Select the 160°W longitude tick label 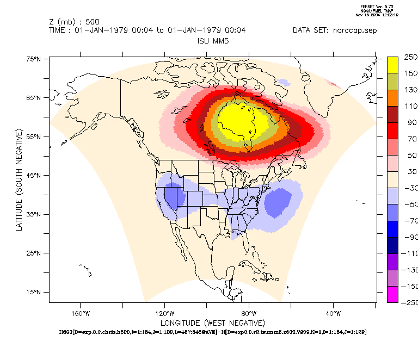click(x=80, y=313)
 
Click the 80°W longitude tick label click(x=249, y=313)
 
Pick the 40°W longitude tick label click(x=333, y=313)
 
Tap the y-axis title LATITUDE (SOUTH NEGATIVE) click(x=19, y=179)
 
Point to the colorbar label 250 click(x=410, y=57)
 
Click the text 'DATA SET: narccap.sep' click(x=334, y=30)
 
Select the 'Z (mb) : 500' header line click(x=74, y=22)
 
